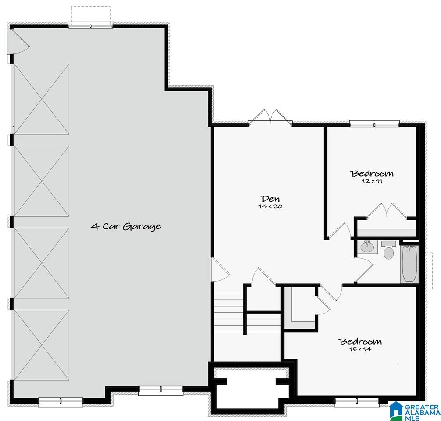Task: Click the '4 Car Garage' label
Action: [126, 226]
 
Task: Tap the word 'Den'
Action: [270, 199]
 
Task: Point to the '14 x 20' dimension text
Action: [270, 206]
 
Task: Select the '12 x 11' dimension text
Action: [372, 181]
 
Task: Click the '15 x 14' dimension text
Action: [360, 349]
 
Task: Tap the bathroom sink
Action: [367, 247]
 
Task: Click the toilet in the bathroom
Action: [389, 250]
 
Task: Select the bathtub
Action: [409, 263]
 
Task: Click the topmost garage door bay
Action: [42, 99]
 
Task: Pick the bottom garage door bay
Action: [42, 345]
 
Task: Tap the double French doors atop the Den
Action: [270, 117]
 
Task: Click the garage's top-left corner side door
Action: [18, 42]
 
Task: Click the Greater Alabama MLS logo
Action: [415, 410]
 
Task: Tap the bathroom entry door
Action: [364, 271]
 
